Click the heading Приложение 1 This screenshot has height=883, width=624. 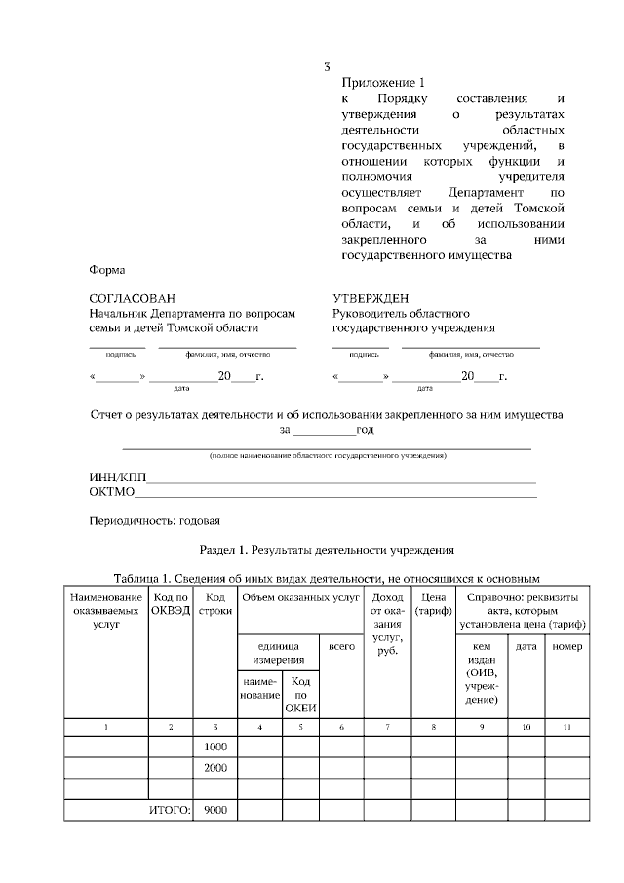pos(384,84)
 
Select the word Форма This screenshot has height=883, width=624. pos(106,270)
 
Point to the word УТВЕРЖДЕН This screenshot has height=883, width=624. pos(371,299)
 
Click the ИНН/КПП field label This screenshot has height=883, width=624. pos(116,478)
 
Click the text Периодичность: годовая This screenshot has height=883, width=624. pos(155,520)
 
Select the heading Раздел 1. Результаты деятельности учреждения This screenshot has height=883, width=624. pos(326,550)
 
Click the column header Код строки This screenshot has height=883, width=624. pos(215,603)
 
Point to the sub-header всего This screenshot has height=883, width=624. pos(341,646)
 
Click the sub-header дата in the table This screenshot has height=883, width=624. pos(526,646)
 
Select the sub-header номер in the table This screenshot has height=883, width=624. pos(567,646)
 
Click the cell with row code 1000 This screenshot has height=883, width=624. pos(215,746)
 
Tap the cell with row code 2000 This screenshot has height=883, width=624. pos(215,767)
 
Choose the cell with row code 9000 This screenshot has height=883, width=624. pos(215,810)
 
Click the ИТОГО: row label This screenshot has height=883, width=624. pos(170,810)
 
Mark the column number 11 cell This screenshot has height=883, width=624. pos(567,727)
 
